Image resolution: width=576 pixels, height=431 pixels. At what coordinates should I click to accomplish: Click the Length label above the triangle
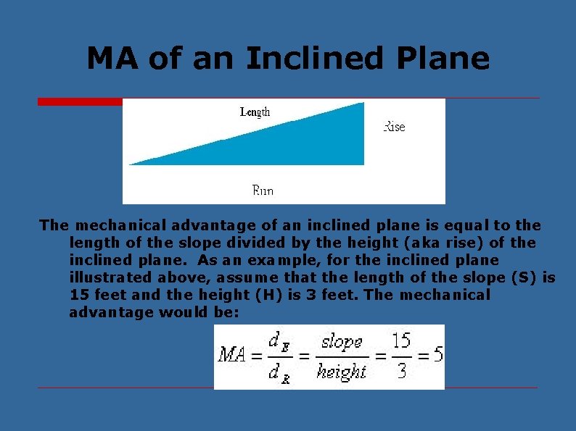click(x=255, y=112)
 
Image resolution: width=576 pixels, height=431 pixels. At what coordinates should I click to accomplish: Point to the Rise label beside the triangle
click(x=394, y=127)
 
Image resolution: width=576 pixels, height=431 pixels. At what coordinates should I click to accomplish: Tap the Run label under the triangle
click(x=263, y=191)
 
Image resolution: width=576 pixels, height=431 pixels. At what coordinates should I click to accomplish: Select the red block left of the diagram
click(x=80, y=102)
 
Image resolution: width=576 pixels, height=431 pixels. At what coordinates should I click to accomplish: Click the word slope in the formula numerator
click(x=342, y=341)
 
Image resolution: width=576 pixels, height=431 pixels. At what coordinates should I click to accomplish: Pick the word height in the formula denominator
click(x=342, y=372)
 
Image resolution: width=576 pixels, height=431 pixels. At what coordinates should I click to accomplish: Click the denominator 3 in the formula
click(x=402, y=371)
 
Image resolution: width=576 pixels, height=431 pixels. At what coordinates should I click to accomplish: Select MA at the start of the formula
click(x=233, y=355)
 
